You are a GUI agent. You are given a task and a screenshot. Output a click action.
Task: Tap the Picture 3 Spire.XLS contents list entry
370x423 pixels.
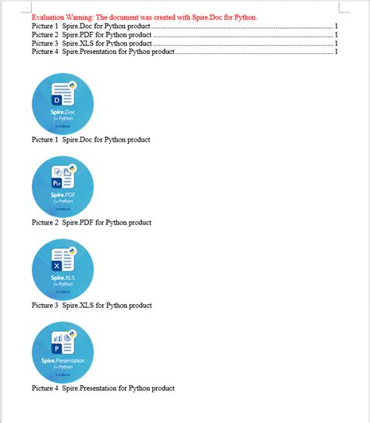coord(91,43)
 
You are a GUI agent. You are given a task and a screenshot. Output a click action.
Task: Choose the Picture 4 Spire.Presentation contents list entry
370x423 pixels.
coord(103,52)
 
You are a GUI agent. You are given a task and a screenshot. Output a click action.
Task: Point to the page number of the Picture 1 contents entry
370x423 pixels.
coord(336,26)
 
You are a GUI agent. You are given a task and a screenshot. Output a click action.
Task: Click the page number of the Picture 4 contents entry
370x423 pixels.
coord(336,52)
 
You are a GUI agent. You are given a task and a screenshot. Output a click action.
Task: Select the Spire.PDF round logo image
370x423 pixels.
coord(62,187)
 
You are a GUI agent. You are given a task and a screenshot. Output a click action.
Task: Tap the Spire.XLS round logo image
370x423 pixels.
coord(62,270)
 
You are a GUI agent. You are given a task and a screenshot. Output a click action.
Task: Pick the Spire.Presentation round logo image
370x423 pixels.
coord(62,353)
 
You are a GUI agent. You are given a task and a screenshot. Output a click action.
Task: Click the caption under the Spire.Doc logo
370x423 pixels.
coord(91,140)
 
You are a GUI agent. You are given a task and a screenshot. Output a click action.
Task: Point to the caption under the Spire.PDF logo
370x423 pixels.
coord(91,223)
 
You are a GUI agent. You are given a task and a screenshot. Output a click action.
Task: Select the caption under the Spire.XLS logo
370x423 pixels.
coord(91,306)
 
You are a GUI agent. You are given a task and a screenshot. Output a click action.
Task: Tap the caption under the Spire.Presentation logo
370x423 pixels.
coord(103,389)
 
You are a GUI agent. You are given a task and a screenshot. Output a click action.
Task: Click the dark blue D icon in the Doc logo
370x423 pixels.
coord(56,100)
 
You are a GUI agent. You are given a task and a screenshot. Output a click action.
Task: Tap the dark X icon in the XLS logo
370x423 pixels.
coord(56,267)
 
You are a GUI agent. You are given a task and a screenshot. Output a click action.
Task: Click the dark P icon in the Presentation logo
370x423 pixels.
coord(56,349)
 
